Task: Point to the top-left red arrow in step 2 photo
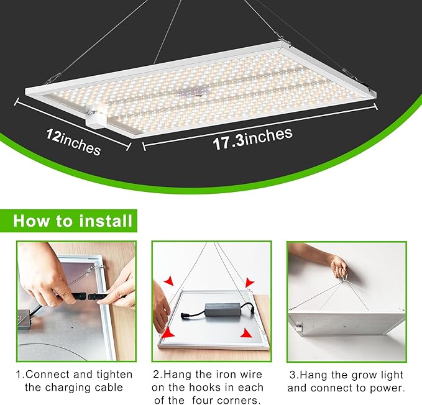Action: [x=168, y=282]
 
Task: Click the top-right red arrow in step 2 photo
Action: [x=249, y=283]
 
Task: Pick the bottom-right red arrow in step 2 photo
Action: [x=246, y=334]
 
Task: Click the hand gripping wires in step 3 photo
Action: [x=339, y=267]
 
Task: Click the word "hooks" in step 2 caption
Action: [x=208, y=388]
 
